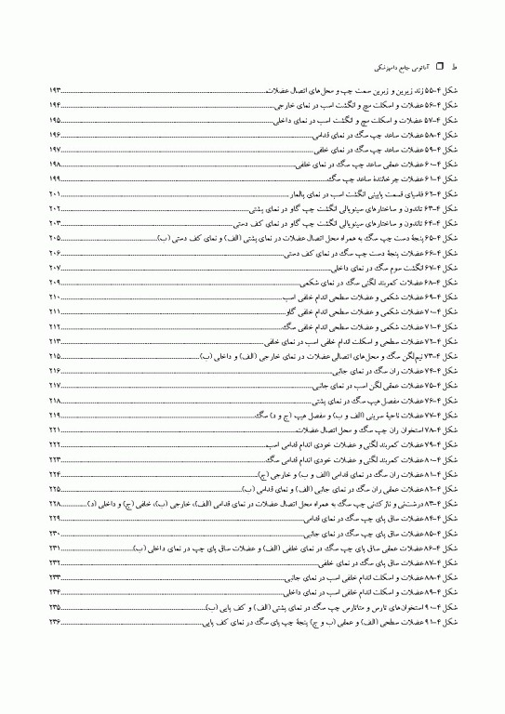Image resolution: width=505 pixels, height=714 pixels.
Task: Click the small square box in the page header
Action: (x=415, y=67)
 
